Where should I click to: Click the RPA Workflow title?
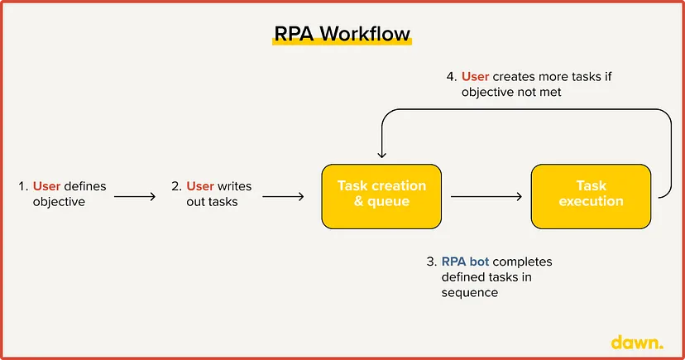tap(342, 34)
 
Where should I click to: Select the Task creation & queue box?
tap(381, 197)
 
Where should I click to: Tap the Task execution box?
tap(591, 197)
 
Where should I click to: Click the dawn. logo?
tap(637, 342)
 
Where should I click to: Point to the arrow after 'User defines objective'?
tap(135, 197)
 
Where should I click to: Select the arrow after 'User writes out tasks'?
tap(283, 197)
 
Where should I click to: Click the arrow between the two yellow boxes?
tap(486, 197)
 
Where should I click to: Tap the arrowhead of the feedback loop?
tap(382, 154)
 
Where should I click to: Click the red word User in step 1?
tap(46, 186)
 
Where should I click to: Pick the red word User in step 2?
tap(200, 186)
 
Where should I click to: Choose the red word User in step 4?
tap(476, 76)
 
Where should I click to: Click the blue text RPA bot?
tap(465, 262)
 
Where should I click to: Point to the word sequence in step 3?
tap(470, 293)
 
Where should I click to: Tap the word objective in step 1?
tap(59, 202)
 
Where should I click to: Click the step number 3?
tap(431, 262)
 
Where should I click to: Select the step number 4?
tap(451, 76)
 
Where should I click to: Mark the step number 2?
tap(176, 186)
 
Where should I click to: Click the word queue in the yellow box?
tap(388, 201)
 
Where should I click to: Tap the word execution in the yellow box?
tap(591, 201)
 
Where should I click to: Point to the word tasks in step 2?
tap(223, 202)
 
